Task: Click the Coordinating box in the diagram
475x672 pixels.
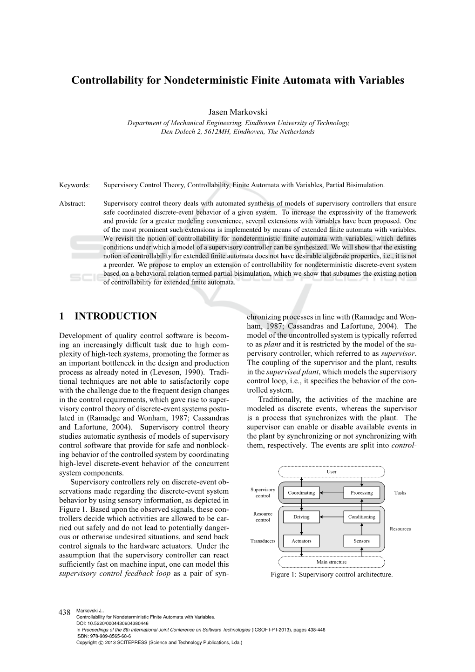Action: tap(301, 493)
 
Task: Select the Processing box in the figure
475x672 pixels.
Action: tap(361, 493)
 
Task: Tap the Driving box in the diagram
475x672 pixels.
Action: tap(301, 517)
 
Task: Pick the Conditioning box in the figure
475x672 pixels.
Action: tap(361, 517)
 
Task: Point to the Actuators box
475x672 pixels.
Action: tap(301, 541)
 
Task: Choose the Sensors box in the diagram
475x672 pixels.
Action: tap(361, 541)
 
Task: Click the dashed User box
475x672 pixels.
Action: tap(332, 472)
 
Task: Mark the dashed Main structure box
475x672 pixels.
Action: tap(332, 562)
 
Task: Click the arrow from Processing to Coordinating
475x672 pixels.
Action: tap(331, 493)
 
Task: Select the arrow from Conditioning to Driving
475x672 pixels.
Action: tap(331, 517)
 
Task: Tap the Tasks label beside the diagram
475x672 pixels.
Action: tap(400, 493)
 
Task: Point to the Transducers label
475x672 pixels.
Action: tap(263, 541)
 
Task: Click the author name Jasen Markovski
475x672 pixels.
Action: tap(238, 112)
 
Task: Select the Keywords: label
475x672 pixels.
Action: tap(75, 185)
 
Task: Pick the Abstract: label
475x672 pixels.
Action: tap(72, 204)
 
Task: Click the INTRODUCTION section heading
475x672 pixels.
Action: tap(115, 317)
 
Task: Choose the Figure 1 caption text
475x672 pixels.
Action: tap(332, 575)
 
